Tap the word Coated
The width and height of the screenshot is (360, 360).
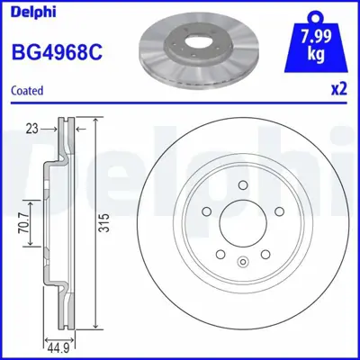[28, 91]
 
